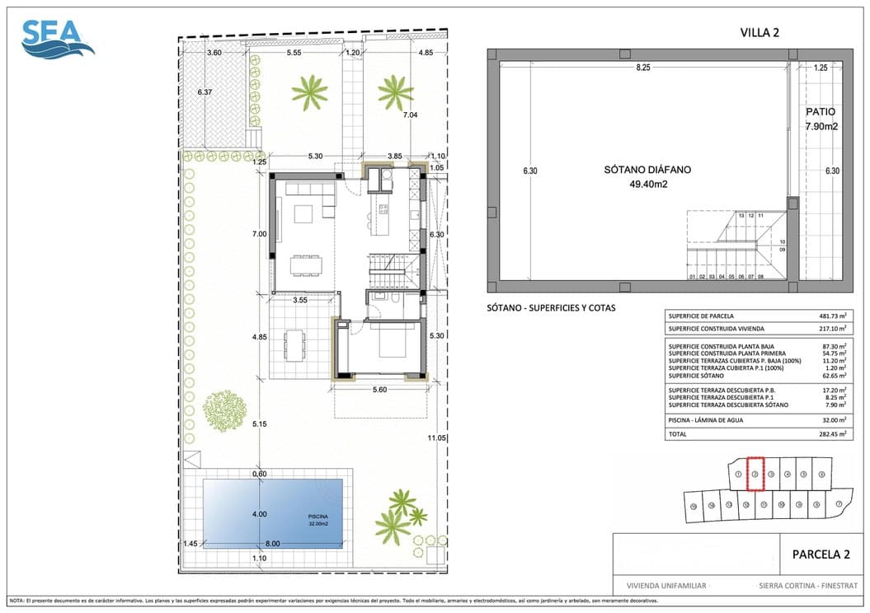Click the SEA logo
(x=56, y=39)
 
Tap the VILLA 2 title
(x=759, y=33)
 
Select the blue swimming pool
(x=272, y=513)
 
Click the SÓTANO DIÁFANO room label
(x=647, y=170)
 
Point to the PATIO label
(x=821, y=112)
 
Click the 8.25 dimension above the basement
(x=643, y=68)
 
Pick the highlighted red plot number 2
(x=754, y=474)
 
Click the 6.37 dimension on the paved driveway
(x=205, y=92)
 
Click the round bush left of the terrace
(x=220, y=409)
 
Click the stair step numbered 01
(x=693, y=277)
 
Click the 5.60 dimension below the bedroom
(x=380, y=389)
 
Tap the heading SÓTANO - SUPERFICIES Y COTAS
(x=551, y=308)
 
